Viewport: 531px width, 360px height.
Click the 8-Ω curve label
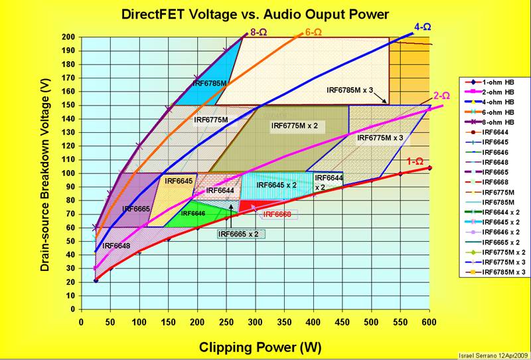pyautogui.click(x=258, y=31)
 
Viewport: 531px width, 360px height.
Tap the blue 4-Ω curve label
pyautogui.click(x=421, y=27)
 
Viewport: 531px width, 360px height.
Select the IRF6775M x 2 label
pyautogui.click(x=294, y=125)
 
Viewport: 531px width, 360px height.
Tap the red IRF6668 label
pyautogui.click(x=277, y=215)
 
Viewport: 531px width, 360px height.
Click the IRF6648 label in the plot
pyautogui.click(x=117, y=246)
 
